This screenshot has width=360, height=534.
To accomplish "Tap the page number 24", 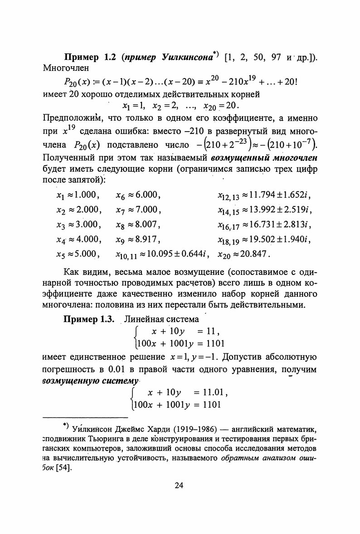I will click(179, 485).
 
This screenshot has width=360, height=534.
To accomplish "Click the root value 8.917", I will click(144, 239).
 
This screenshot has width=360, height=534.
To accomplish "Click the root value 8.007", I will click(144, 224).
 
